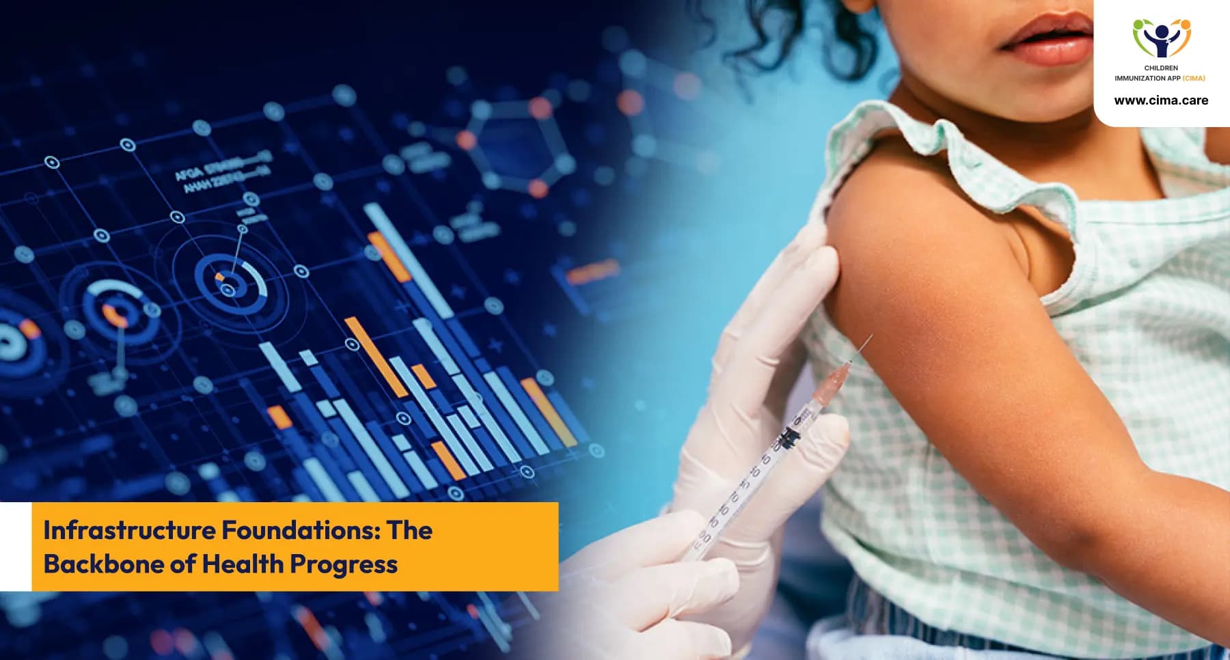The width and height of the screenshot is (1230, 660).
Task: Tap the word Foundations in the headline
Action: pyautogui.click(x=300, y=530)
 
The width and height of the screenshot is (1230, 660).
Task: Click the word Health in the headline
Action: pyautogui.click(x=243, y=564)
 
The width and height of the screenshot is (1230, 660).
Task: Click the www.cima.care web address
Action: pyautogui.click(x=1161, y=100)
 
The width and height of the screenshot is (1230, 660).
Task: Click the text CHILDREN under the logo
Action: pyautogui.click(x=1161, y=68)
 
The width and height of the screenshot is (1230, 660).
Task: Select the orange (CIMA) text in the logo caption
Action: pyautogui.click(x=1194, y=78)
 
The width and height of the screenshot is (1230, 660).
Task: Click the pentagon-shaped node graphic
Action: pyautogui.click(x=516, y=147)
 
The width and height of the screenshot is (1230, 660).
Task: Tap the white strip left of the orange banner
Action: pyautogui.click(x=16, y=547)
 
